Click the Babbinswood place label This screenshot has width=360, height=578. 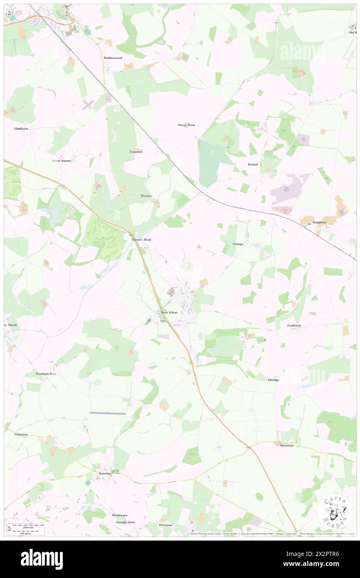(x=113, y=58)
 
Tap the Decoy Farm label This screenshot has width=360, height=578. (x=186, y=125)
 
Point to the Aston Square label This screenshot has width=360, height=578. (x=61, y=161)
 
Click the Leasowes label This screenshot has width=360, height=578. (x=136, y=152)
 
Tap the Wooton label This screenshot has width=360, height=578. (x=146, y=195)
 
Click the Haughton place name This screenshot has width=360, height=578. (x=319, y=222)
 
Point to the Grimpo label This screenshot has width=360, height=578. (x=238, y=244)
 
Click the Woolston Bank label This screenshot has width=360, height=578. (x=46, y=374)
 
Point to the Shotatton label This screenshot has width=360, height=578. (x=286, y=445)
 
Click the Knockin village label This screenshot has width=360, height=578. (x=105, y=474)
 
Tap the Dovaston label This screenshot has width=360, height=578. (x=165, y=525)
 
